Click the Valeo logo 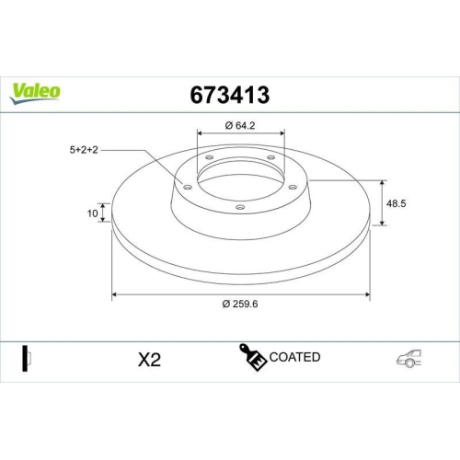coord(36,91)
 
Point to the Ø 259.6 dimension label coord(239,306)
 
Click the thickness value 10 coord(92,213)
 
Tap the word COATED coord(295,357)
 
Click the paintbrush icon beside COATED coord(254,358)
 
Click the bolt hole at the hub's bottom coord(240,207)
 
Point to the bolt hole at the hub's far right coord(293,186)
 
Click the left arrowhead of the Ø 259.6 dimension coord(115,295)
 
